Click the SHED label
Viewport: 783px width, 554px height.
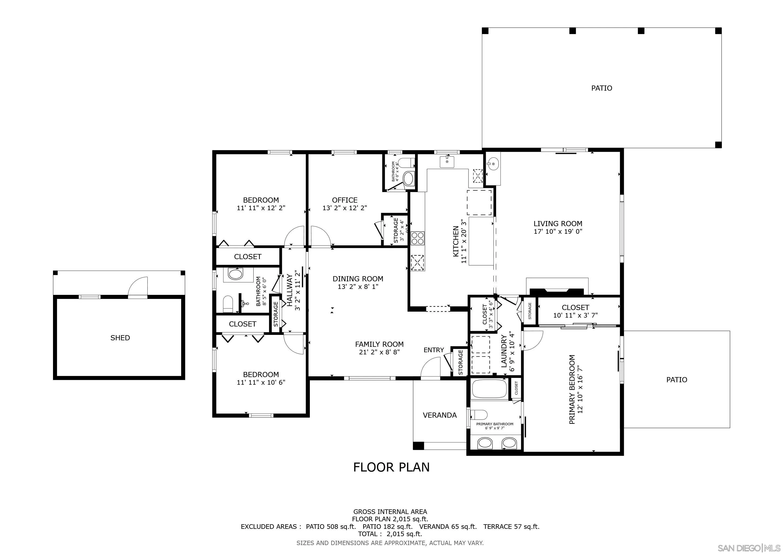(120, 338)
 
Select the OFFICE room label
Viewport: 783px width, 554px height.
(344, 200)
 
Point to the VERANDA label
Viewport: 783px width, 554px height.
(440, 415)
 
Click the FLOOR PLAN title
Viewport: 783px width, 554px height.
(391, 467)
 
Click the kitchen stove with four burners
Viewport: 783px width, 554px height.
(417, 238)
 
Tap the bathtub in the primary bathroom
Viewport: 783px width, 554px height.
(489, 389)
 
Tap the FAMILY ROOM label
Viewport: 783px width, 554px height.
(379, 344)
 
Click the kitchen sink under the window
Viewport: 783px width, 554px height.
(447, 161)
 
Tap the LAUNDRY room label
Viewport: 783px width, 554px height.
(504, 351)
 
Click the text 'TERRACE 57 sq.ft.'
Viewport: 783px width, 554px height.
(511, 526)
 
